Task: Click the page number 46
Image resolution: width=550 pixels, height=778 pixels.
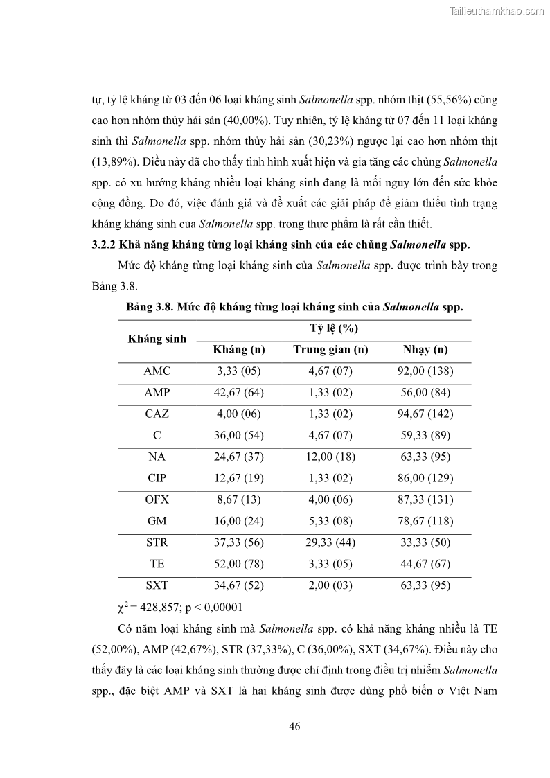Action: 294,726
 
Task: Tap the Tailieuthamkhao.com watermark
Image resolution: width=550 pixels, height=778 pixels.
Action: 497,10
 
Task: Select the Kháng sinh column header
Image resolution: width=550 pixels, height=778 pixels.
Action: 157,339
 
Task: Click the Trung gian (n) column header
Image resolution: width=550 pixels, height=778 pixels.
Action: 330,350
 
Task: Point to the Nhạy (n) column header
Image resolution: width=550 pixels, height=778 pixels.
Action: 425,350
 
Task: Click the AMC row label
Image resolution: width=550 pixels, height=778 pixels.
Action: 157,371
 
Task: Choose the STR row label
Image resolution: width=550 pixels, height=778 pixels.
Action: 157,542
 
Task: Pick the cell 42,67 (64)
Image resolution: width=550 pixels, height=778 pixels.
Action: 239,393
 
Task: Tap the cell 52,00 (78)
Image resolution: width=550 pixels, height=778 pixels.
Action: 239,564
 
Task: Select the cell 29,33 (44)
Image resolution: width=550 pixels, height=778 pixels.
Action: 330,542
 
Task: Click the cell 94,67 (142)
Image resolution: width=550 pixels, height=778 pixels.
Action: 425,414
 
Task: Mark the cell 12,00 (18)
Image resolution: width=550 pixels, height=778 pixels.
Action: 330,457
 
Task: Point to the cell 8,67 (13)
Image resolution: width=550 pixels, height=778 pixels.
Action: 239,499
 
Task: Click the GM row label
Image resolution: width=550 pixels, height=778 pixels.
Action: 157,521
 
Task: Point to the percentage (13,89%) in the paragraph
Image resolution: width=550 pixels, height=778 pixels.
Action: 112,163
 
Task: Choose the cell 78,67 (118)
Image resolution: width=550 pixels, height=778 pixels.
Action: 425,521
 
